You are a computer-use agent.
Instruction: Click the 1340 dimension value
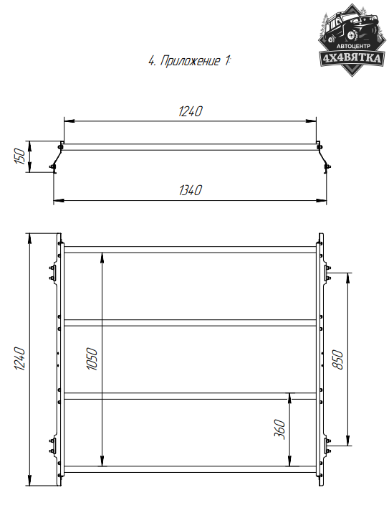[191, 190]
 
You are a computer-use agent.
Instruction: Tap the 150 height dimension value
[20, 156]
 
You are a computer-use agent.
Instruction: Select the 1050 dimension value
[92, 359]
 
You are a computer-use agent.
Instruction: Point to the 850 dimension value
[337, 359]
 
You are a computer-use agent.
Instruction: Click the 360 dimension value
[279, 429]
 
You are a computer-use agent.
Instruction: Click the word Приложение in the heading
[190, 61]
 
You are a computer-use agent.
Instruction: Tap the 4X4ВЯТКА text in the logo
[352, 58]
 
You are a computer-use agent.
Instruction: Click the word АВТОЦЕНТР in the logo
[353, 47]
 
